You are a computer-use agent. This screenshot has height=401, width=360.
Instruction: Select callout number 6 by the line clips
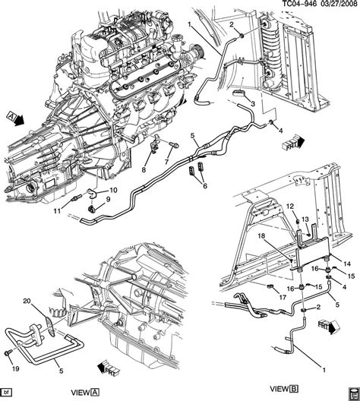pyautogui.click(x=204, y=185)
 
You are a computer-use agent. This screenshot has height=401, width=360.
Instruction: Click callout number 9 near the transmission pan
pyautogui.click(x=107, y=199)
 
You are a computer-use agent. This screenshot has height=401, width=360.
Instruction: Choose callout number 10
pyautogui.click(x=114, y=189)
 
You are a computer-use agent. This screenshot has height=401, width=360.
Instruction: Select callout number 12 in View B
pyautogui.click(x=290, y=207)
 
